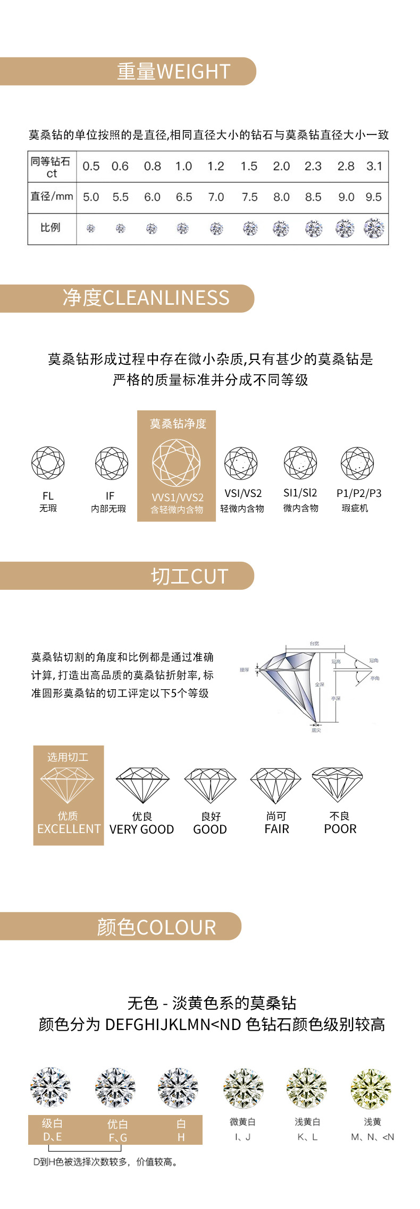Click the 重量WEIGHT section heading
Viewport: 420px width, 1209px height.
173,71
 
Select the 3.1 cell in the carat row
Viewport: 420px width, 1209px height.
374,166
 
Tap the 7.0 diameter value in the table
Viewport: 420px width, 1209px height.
216,197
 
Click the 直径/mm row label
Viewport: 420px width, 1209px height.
52,196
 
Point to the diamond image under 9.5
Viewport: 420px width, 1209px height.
374,228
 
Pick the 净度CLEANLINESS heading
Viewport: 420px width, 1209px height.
146,298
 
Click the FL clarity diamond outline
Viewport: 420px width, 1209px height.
48,463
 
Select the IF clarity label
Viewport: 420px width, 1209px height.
110,496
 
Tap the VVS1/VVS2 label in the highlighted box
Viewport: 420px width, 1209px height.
178,498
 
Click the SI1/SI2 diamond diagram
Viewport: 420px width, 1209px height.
300,463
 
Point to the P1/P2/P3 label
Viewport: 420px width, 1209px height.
359,493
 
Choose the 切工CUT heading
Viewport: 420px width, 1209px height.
189,576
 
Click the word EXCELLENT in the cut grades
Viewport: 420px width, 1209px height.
69,829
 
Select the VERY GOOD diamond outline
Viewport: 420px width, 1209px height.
142,785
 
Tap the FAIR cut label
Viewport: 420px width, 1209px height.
276,829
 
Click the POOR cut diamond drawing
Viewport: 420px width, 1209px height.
338,784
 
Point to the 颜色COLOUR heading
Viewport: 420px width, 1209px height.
156,927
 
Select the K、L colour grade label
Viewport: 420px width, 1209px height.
307,1137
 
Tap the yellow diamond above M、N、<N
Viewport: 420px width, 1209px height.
371,1088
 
